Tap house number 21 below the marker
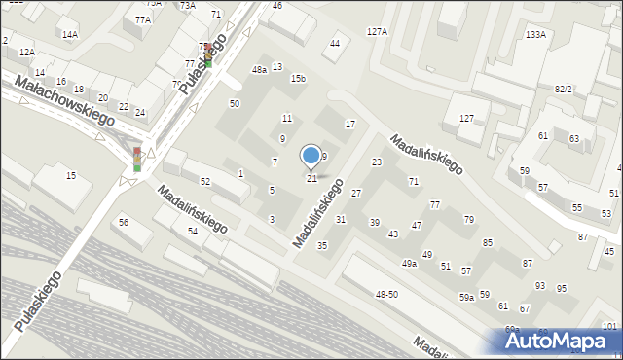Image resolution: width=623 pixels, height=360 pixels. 311,178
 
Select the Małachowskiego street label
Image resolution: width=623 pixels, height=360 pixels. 65,102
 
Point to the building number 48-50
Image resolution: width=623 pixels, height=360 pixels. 386,294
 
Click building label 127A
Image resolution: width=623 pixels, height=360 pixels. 377,32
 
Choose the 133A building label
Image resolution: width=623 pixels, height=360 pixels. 535,34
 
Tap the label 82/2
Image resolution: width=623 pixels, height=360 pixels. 564,89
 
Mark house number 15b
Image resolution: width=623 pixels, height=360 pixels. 298,78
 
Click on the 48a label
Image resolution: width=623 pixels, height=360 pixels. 259,70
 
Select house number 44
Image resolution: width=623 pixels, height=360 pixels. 335,44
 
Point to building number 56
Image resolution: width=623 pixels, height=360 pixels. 124,223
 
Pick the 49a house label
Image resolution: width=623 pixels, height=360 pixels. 409,263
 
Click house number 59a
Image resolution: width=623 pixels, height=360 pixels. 467,297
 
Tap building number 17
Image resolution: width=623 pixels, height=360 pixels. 350,125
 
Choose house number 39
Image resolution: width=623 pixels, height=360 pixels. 374,223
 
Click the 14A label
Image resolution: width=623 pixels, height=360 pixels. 69,34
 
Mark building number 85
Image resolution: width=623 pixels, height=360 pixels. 488,242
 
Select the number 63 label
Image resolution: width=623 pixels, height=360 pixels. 574,139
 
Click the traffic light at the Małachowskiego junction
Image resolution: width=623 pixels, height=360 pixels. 137,160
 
